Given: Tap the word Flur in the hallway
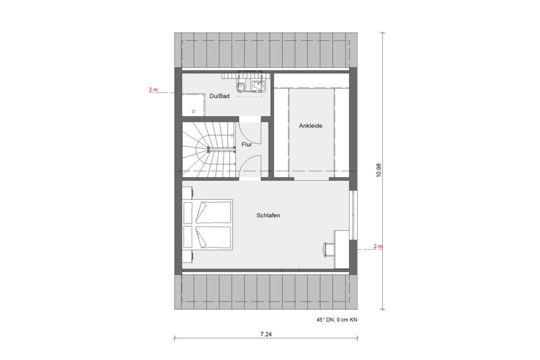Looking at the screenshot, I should (247, 144).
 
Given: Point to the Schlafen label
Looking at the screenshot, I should (268, 216).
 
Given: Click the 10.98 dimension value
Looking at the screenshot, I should (379, 169).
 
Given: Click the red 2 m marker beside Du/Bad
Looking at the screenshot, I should (153, 90).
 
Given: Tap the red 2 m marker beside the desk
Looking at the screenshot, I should (378, 246).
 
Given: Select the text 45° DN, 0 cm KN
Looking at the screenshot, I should (337, 319).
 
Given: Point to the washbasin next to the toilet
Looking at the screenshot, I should (258, 85).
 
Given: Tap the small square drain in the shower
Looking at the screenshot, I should (194, 111).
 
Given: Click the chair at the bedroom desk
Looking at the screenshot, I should (327, 248).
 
